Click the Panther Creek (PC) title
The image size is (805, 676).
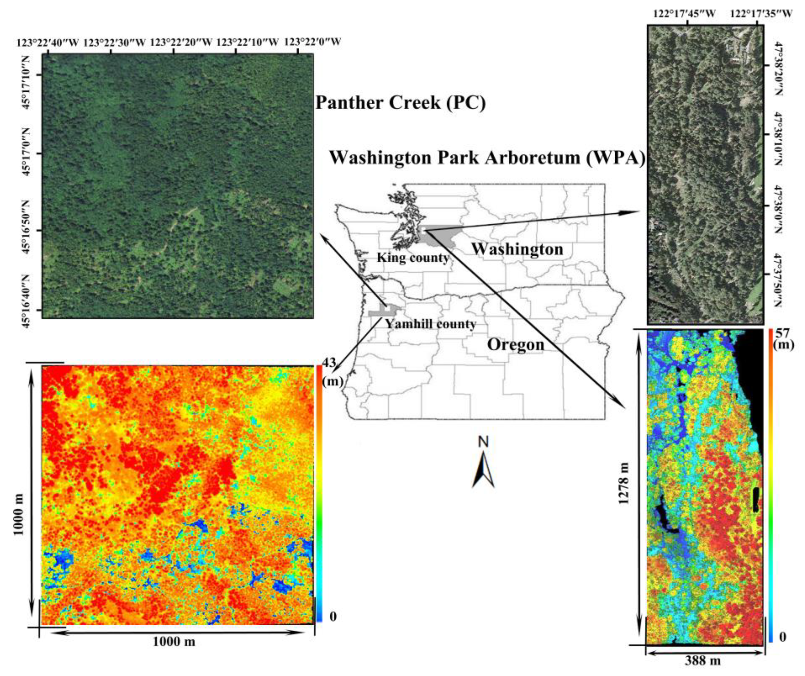pos(400,103)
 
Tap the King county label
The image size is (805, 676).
pos(413,258)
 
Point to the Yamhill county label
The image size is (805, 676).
pos(430,324)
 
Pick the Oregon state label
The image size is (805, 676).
pos(516,345)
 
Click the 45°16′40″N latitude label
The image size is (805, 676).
pos(26,296)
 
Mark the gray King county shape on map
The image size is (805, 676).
pos(437,235)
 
